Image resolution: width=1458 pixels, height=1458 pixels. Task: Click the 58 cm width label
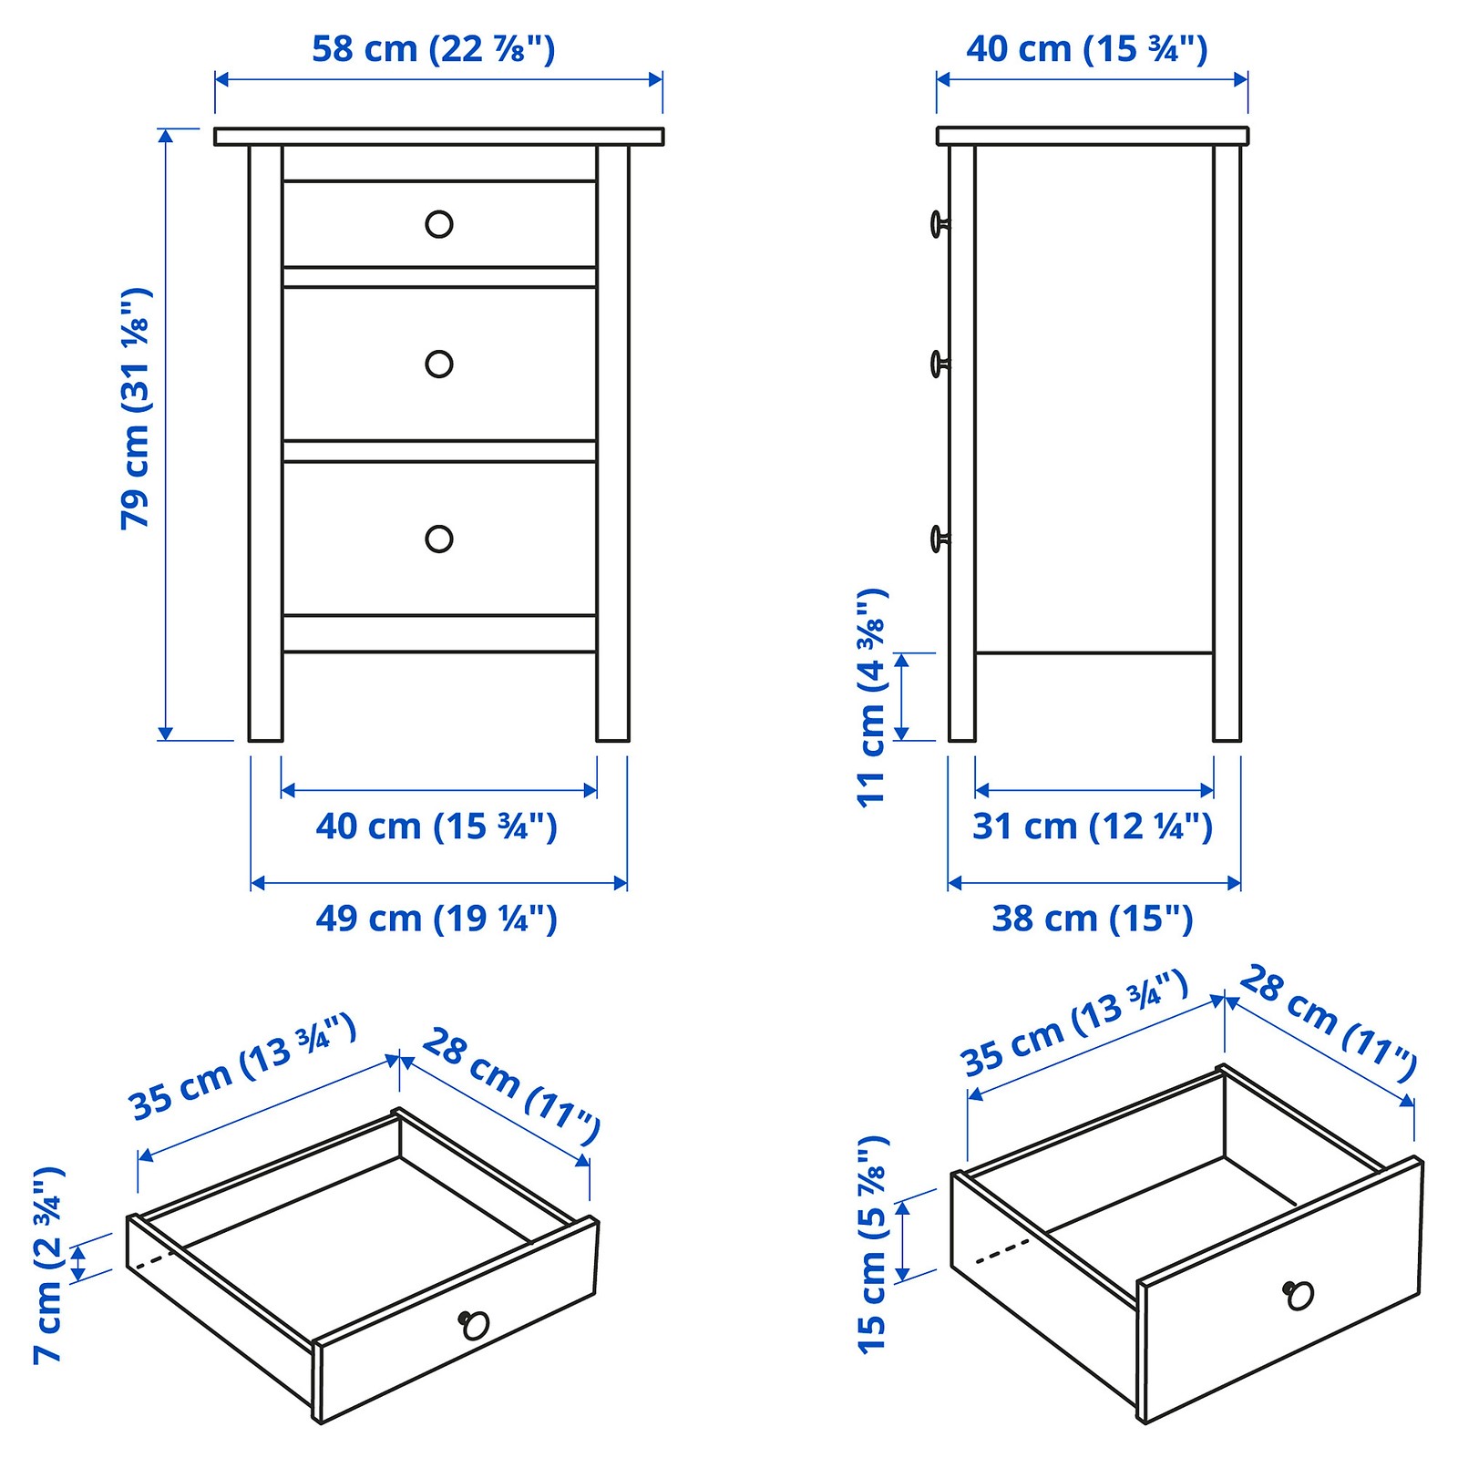click(433, 48)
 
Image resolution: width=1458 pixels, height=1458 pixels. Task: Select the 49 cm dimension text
click(436, 918)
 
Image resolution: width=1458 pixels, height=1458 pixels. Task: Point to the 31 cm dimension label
click(1093, 827)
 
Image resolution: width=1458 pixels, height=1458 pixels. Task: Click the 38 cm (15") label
click(1093, 918)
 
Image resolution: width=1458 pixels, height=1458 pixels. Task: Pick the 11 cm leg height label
click(872, 697)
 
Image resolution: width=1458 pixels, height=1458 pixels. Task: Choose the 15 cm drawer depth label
click(872, 1245)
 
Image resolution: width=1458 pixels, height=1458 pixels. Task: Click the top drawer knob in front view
click(439, 224)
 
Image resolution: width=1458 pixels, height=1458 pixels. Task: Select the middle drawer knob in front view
click(439, 364)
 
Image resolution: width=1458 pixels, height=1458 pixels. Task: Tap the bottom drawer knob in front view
click(439, 539)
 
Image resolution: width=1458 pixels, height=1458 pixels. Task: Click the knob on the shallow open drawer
click(474, 1324)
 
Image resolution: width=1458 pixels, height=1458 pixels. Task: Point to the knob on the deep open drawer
click(1299, 1294)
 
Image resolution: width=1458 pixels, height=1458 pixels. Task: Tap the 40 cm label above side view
click(1086, 48)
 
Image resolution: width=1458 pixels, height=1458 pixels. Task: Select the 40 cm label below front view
click(436, 827)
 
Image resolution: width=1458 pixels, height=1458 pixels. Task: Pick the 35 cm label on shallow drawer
click(242, 1067)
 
